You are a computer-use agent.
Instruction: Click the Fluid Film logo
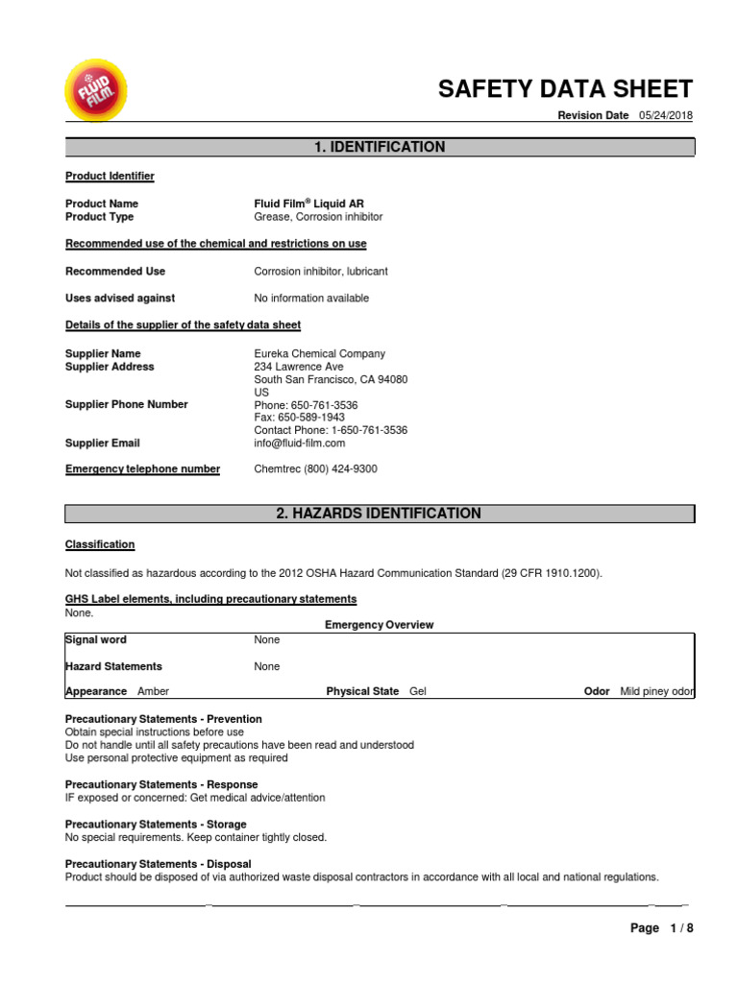pos(94,92)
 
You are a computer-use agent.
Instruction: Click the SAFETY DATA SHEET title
pos(565,89)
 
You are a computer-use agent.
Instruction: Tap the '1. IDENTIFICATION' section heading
pos(380,147)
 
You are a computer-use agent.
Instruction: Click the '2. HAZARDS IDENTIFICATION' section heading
pos(379,514)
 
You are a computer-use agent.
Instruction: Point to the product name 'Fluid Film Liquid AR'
pos(308,204)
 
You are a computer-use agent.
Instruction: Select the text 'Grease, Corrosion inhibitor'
pos(318,217)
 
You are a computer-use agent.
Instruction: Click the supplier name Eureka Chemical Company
pos(319,353)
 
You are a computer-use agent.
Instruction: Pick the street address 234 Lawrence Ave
pos(299,367)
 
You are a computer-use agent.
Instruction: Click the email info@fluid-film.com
pos(299,444)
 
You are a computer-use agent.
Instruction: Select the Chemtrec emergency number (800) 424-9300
pos(315,468)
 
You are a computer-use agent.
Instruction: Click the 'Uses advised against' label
pos(120,299)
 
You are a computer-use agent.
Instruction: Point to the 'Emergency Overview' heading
pos(379,625)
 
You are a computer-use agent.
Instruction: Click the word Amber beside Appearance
pos(154,691)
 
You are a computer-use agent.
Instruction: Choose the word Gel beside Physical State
pos(419,691)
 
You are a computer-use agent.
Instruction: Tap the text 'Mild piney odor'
pos(657,691)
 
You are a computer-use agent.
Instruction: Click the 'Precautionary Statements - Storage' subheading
pos(156,824)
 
